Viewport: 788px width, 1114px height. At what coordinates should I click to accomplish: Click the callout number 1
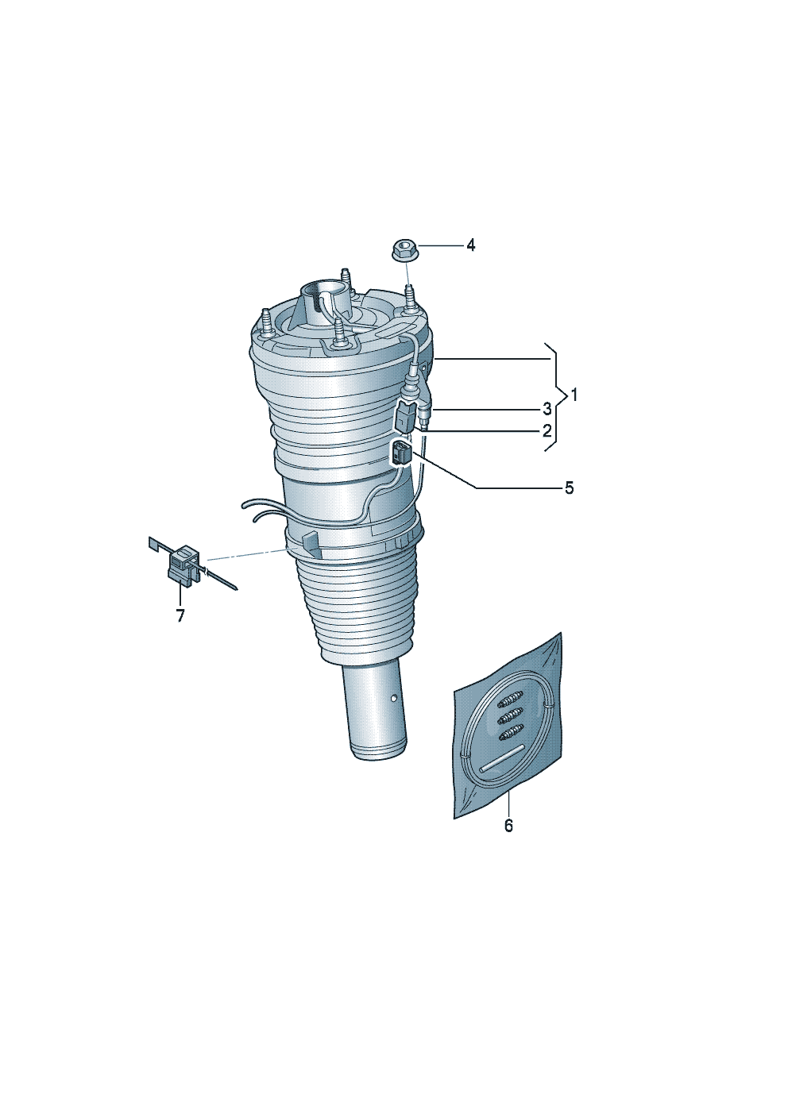[574, 395]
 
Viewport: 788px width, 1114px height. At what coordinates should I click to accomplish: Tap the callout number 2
[547, 430]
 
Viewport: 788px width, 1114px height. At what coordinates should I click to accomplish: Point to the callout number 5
[569, 488]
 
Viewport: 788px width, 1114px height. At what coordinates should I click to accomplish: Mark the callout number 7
[180, 615]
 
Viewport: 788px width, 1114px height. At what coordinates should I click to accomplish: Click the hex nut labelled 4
[405, 249]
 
